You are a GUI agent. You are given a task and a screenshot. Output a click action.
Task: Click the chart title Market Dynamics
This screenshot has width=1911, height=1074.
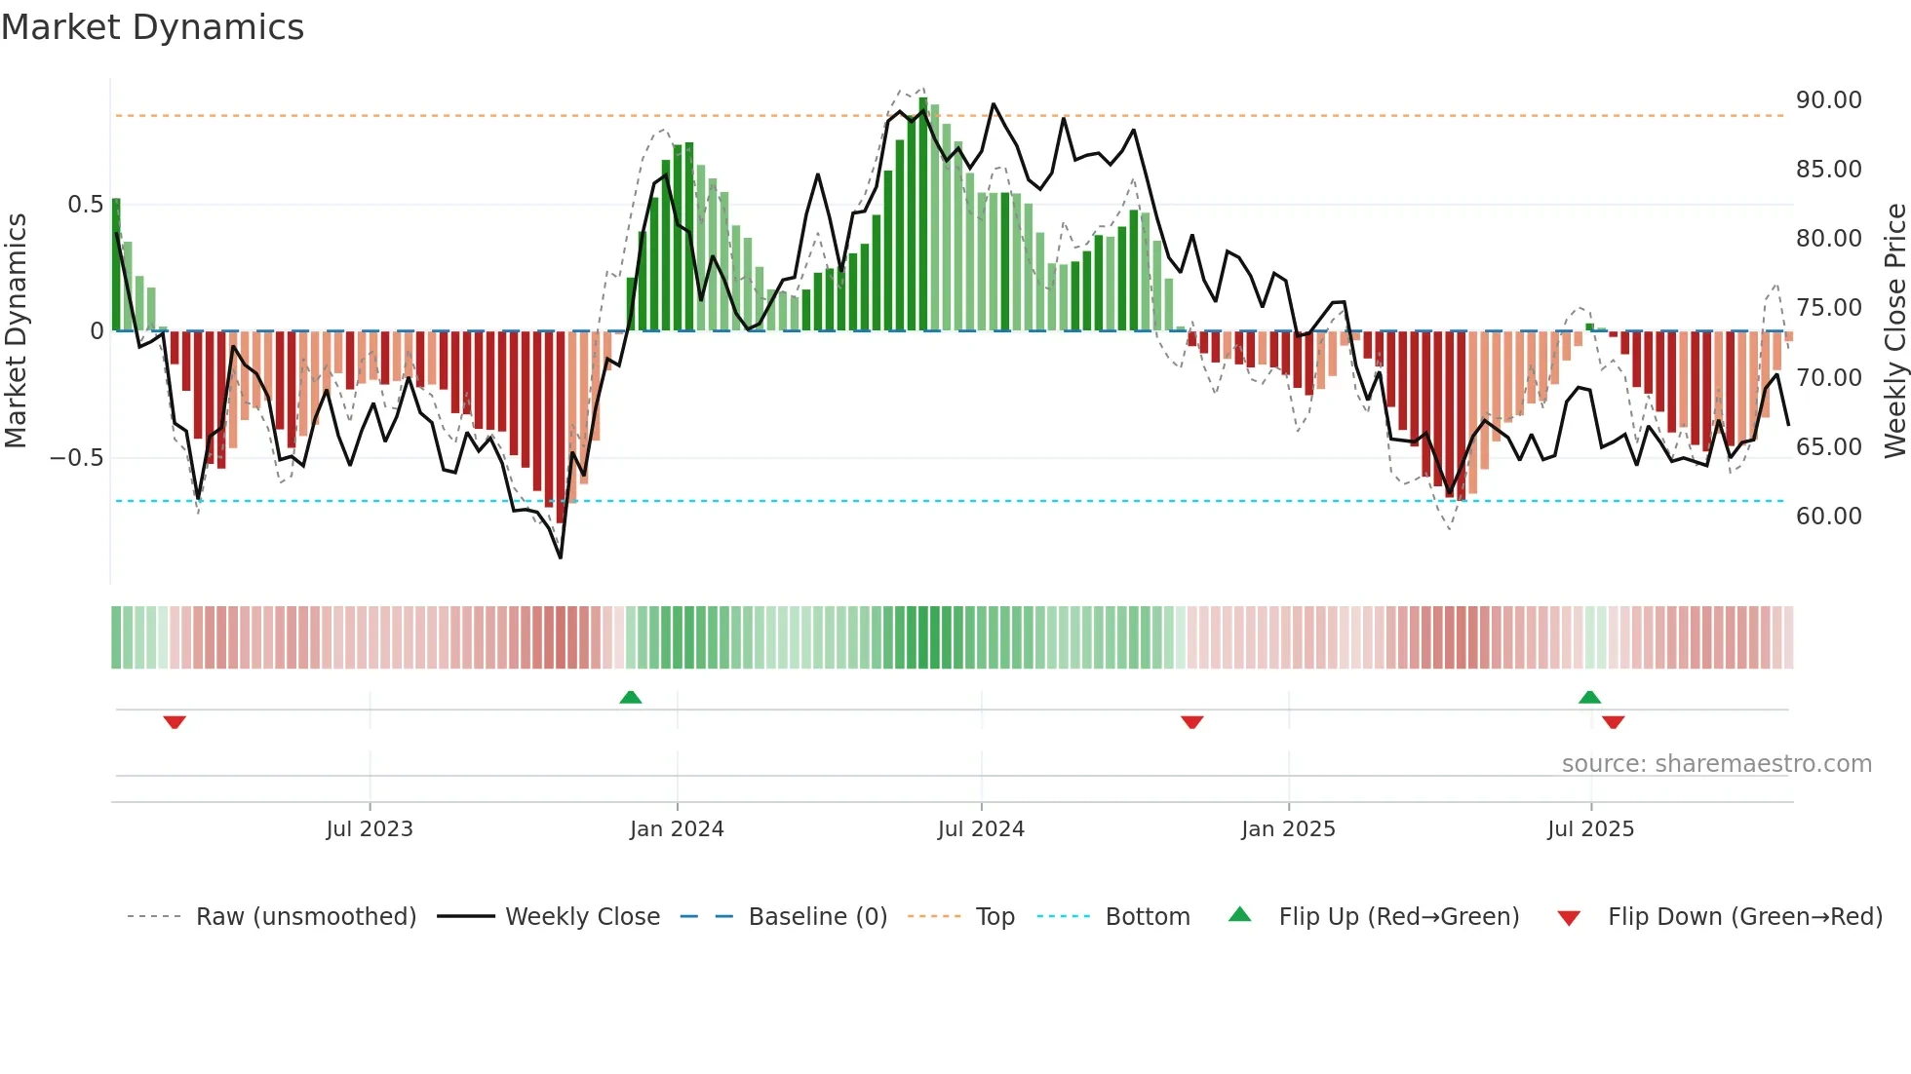152,27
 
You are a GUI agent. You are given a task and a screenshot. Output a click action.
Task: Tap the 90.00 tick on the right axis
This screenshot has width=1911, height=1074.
1828,100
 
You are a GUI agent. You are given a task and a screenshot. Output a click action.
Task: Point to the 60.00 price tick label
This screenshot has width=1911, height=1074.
1828,517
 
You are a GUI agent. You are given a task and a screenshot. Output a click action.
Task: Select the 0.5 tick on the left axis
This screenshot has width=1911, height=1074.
85,205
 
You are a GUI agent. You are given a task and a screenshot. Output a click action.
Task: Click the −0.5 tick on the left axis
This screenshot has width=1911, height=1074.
77,458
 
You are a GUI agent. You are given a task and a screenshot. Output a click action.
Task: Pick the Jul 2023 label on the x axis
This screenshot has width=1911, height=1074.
370,829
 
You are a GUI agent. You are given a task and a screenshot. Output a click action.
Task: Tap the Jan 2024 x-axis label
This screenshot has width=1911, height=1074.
677,829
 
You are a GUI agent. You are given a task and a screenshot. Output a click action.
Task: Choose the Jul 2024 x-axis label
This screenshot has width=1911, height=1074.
981,829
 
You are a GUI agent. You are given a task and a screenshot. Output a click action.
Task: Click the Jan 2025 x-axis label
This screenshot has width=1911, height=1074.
1288,829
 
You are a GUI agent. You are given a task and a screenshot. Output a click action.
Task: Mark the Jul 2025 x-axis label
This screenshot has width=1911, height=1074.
1590,829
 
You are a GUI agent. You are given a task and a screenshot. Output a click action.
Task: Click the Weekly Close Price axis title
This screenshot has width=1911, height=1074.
1894,330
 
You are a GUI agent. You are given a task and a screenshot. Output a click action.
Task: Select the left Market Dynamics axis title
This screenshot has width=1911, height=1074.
16,330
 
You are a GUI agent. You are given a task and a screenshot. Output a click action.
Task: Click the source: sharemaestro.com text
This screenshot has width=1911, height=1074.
1716,764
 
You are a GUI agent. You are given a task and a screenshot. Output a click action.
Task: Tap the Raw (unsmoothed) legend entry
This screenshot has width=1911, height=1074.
305,917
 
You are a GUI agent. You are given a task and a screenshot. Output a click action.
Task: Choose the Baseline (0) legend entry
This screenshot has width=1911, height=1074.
817,917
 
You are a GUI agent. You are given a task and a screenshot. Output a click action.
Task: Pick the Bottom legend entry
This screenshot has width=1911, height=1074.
1147,917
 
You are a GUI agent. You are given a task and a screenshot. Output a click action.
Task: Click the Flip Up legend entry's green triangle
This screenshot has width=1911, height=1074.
1239,914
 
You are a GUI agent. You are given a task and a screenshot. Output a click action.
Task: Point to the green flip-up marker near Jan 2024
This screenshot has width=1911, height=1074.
631,697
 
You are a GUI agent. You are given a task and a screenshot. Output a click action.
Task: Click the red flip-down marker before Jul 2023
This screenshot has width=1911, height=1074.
175,722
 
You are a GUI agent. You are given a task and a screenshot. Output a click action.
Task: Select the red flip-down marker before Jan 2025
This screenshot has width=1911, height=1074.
1191,722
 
